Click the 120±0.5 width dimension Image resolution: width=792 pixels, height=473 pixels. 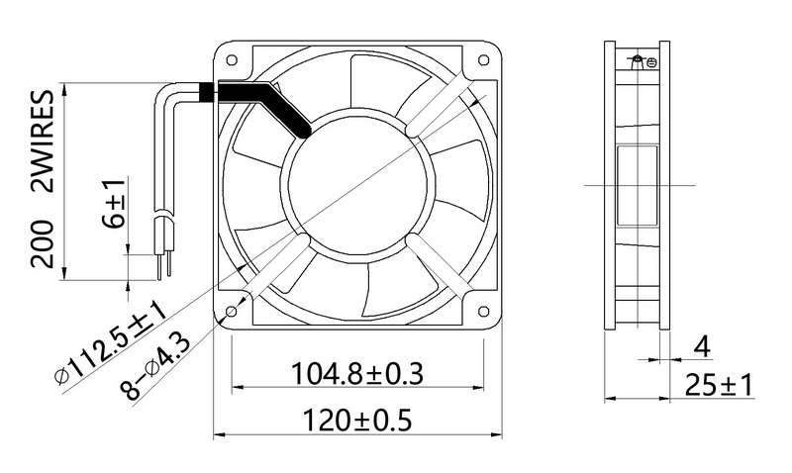tap(357, 420)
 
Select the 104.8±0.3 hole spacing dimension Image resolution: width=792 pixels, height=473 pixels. tap(357, 374)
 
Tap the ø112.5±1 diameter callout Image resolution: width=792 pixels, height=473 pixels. tap(110, 342)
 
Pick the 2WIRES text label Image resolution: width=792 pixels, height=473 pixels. tap(43, 142)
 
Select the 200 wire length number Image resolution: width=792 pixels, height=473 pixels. tap(43, 243)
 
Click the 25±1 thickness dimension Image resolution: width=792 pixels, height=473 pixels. tap(719, 385)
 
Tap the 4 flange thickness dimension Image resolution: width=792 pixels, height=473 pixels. tap(702, 347)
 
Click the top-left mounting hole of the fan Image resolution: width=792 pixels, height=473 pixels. tap(232, 60)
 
